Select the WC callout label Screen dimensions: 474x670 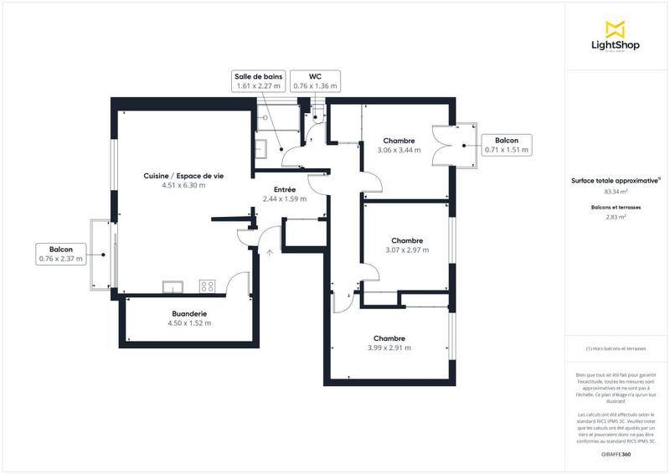coord(315,80)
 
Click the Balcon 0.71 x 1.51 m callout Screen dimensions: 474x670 coord(506,145)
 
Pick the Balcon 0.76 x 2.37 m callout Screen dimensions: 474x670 coord(61,255)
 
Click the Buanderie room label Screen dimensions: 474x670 coord(188,318)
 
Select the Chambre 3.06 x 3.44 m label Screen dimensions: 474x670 coord(399,145)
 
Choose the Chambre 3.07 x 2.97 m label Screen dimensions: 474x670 coord(406,245)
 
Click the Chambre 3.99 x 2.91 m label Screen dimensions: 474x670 coord(389,343)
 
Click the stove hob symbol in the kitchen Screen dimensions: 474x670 coord(207,286)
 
